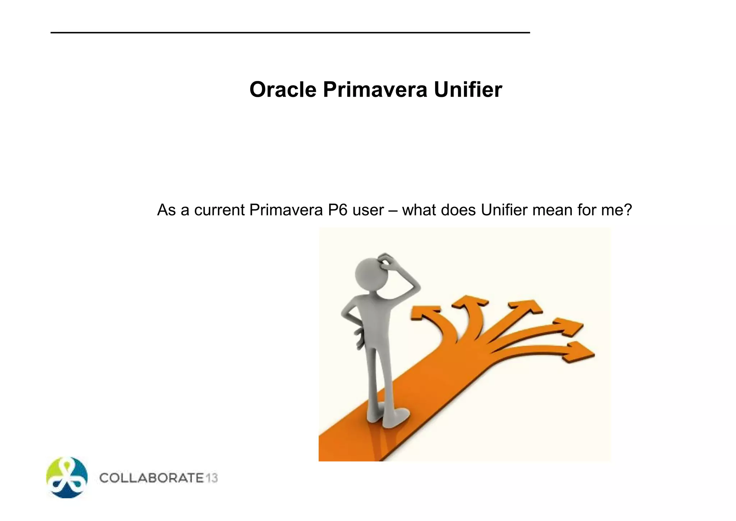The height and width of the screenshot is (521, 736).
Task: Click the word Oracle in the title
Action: [282, 90]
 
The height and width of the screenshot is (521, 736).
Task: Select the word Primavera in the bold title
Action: [375, 90]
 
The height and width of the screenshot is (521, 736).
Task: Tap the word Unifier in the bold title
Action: [468, 90]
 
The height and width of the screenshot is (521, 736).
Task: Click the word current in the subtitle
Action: [219, 210]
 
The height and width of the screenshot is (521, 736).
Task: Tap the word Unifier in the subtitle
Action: [504, 210]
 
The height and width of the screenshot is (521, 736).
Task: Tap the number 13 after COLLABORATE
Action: [212, 478]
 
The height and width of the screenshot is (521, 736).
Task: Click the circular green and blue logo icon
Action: [67, 478]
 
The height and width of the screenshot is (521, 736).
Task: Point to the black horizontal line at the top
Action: [290, 33]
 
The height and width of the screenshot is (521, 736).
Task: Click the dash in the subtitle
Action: [393, 210]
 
